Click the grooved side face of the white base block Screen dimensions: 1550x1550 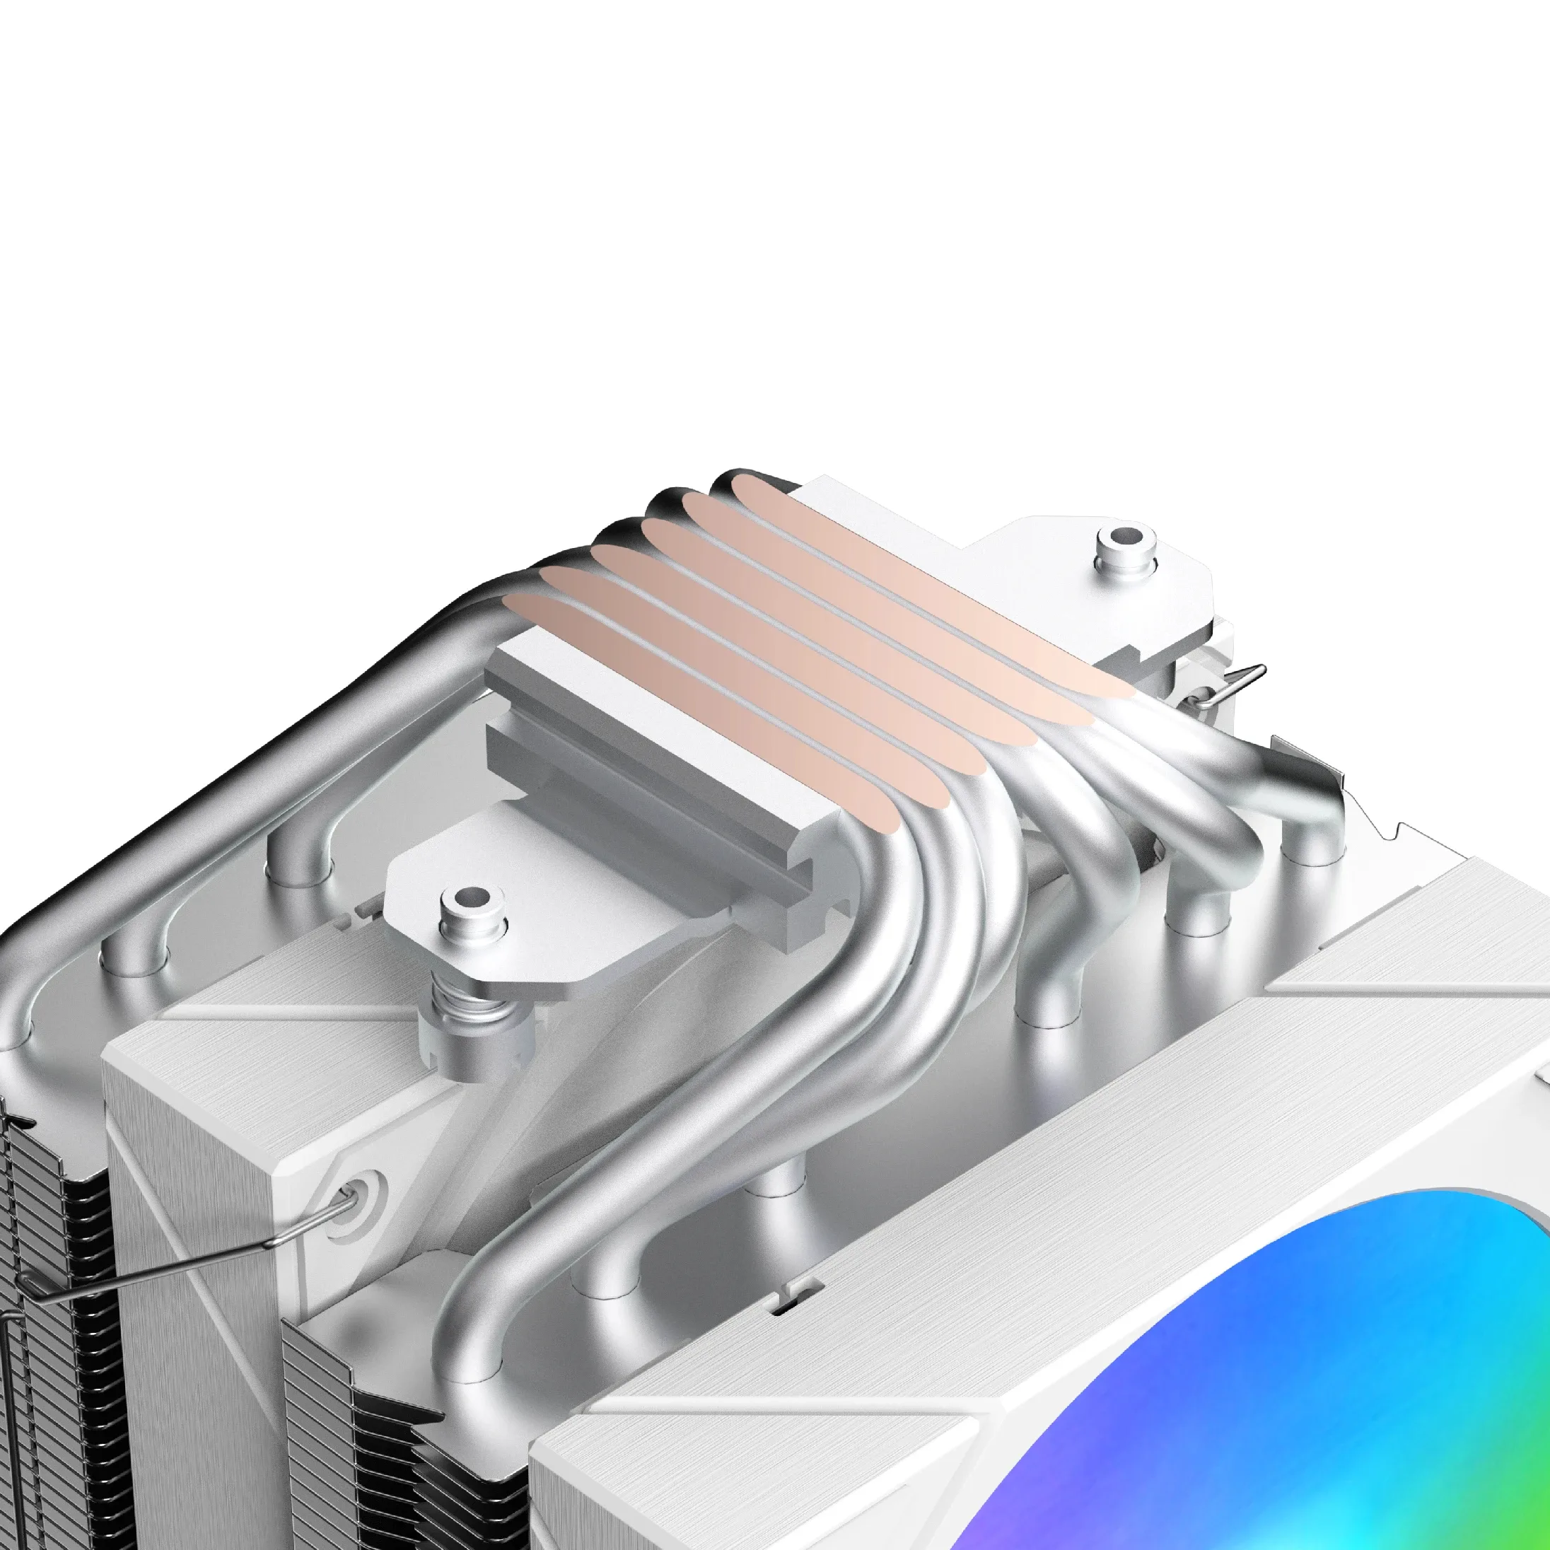tap(642, 770)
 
